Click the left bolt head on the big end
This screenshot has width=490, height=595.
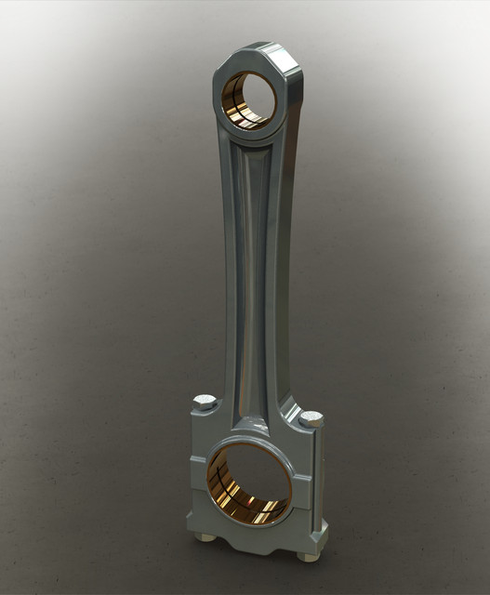tap(205, 403)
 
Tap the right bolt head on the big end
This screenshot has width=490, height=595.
tap(311, 418)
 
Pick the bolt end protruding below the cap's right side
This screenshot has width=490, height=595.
tap(307, 556)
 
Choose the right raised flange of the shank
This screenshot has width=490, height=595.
tap(273, 279)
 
